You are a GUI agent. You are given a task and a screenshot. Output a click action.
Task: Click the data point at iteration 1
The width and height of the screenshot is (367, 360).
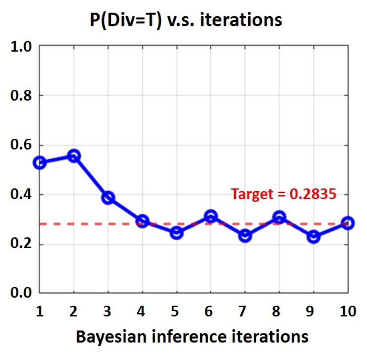[40, 163]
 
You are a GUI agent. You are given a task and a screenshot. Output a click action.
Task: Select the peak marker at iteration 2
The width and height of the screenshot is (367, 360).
[74, 155]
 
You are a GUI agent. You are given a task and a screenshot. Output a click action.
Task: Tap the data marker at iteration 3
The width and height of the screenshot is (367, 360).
[108, 197]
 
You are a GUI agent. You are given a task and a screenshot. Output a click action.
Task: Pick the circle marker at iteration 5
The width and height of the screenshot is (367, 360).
[177, 233]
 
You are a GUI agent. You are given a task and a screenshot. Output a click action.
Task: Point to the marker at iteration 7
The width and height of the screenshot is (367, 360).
[245, 236]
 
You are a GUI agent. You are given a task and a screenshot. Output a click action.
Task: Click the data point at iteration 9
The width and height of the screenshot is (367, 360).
[314, 237]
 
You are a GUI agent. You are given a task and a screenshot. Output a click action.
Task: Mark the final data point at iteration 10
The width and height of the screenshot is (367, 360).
[348, 223]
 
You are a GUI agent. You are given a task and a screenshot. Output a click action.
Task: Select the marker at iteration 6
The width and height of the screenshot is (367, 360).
[211, 216]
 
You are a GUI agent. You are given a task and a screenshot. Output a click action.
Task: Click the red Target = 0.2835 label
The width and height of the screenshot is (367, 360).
[284, 194]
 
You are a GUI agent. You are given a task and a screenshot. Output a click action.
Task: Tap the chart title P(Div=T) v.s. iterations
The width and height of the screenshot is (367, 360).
[186, 19]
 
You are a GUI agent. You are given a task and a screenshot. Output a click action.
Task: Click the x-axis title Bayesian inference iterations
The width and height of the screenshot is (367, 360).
[192, 337]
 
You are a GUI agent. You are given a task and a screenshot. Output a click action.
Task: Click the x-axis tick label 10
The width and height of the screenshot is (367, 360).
[348, 312]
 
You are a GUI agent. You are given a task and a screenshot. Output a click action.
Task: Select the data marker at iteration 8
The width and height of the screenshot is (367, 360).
[279, 217]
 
